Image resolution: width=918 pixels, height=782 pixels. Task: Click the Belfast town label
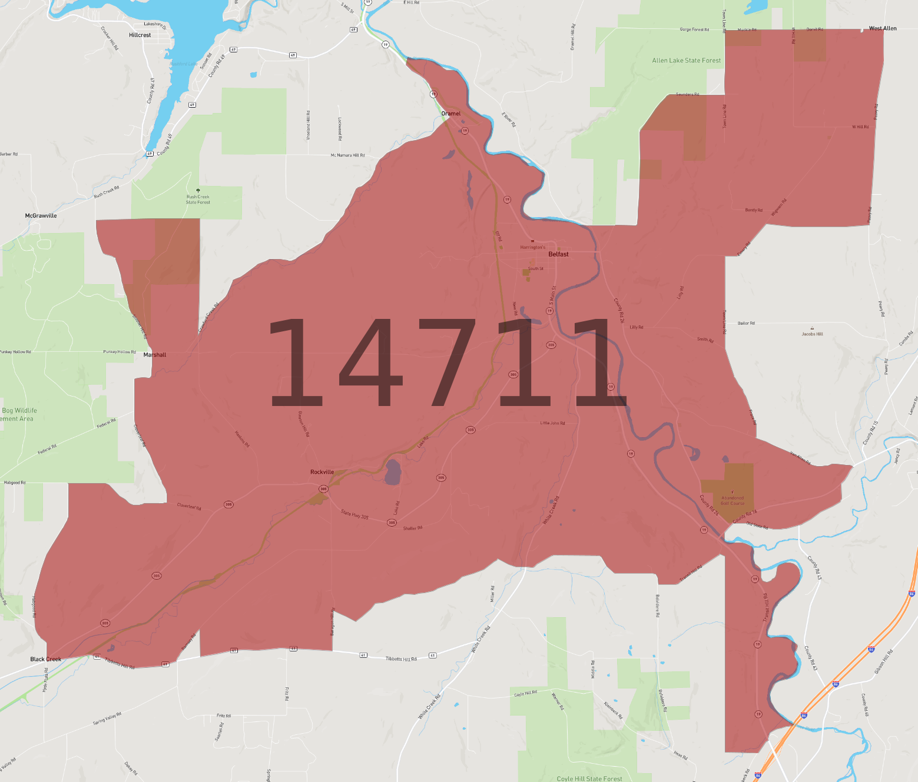coord(558,254)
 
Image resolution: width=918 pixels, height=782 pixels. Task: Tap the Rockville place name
coord(322,472)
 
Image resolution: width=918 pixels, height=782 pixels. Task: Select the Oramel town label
coord(451,114)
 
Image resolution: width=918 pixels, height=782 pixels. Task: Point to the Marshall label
coord(155,355)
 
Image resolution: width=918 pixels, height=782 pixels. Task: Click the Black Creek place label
coord(45,659)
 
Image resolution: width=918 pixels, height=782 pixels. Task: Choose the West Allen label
coord(883,28)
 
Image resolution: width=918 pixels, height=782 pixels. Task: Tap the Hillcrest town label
coord(140,35)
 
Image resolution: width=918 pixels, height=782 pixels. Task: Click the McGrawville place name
coord(41,216)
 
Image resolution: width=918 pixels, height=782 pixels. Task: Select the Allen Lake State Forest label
coord(686,61)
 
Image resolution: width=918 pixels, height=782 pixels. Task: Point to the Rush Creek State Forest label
coord(198,199)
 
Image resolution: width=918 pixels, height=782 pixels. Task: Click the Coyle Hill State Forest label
coord(589,778)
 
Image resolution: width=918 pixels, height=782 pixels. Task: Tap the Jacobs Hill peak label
coord(812,334)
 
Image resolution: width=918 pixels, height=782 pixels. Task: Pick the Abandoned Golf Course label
coord(733,501)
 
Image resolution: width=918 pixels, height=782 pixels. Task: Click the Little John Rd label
coord(552,423)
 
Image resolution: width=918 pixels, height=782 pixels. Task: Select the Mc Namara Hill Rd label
coord(347,155)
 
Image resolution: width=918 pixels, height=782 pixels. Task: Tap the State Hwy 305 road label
coord(354,515)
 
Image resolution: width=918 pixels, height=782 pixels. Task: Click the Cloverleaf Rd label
coord(189,506)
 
